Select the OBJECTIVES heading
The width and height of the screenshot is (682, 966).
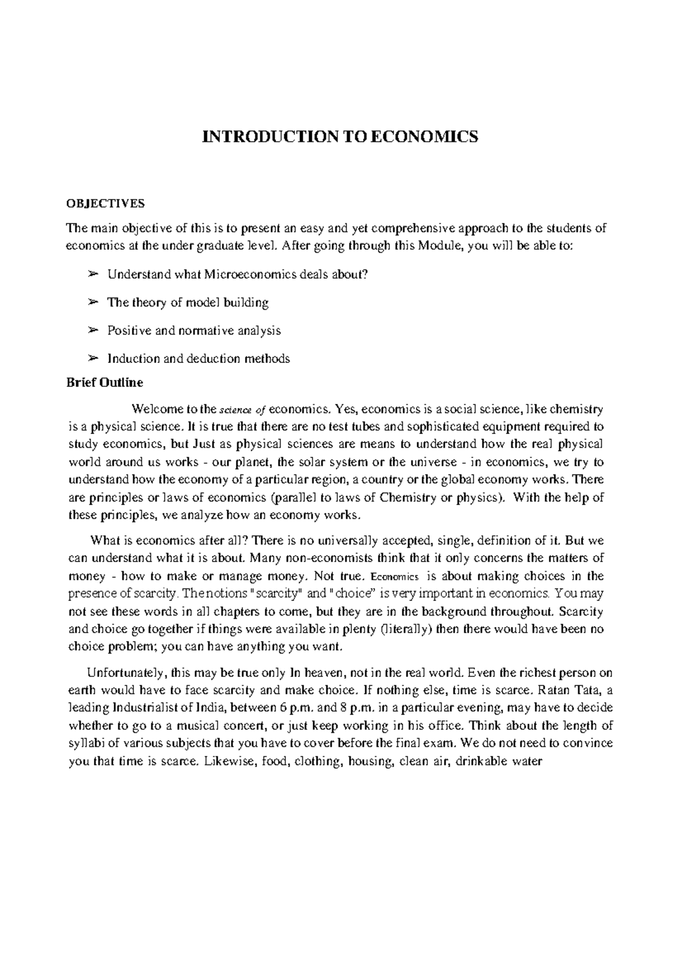pyautogui.click(x=106, y=204)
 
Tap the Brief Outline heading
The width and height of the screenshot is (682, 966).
pyautogui.click(x=105, y=382)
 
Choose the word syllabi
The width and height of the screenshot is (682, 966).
pyautogui.click(x=84, y=744)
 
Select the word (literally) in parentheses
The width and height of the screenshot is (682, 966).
pyautogui.click(x=406, y=629)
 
